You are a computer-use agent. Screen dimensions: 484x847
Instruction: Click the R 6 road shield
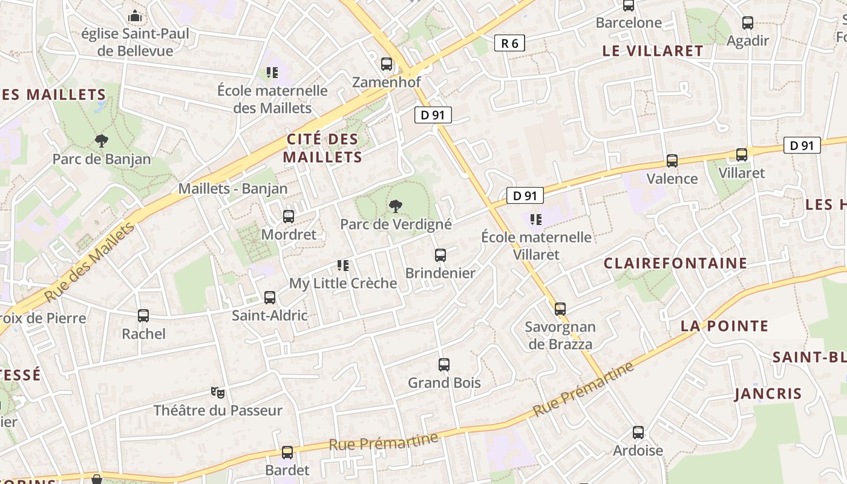tap(509, 43)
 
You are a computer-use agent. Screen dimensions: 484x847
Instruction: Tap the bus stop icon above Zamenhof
tap(386, 64)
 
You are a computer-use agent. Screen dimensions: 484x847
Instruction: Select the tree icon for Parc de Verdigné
tap(396, 206)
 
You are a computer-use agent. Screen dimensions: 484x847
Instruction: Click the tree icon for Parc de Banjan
tap(102, 141)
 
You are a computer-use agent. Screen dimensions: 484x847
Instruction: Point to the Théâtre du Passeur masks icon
tap(218, 393)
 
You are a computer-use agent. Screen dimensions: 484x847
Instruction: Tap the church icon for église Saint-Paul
tap(135, 15)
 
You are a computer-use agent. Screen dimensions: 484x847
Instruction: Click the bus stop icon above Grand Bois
tap(444, 364)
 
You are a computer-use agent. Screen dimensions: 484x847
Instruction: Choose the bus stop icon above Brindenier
tap(440, 255)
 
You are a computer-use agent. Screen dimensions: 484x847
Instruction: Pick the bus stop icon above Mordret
tap(289, 216)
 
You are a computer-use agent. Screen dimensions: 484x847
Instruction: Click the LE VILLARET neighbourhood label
tap(653, 51)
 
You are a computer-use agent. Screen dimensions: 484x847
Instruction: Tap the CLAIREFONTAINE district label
tap(675, 263)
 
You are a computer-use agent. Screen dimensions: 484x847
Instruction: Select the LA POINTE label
tap(724, 326)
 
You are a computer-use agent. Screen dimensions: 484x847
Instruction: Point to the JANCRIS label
tap(768, 394)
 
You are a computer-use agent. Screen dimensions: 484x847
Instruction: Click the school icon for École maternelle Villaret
tap(535, 219)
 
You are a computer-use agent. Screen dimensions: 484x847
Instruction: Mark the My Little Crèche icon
tap(343, 265)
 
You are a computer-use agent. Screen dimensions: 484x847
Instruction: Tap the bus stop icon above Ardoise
tap(638, 433)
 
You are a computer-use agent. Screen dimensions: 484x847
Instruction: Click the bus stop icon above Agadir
tap(748, 23)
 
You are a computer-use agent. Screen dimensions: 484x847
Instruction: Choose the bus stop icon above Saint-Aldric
tap(270, 297)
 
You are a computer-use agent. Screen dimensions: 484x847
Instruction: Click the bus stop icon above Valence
tap(672, 160)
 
